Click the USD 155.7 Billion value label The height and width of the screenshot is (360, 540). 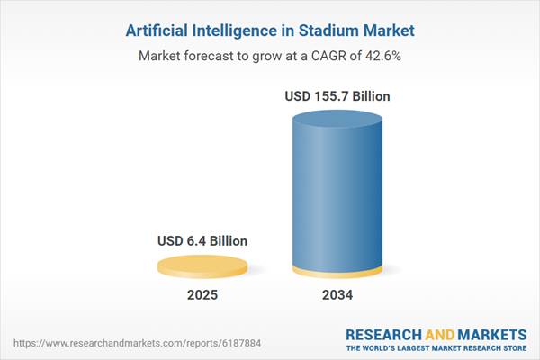point(338,96)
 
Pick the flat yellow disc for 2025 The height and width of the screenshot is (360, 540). point(202,265)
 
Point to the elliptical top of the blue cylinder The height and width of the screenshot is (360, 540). point(338,121)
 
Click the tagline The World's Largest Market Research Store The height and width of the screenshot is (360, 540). point(436,347)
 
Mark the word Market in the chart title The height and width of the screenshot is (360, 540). point(387,30)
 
